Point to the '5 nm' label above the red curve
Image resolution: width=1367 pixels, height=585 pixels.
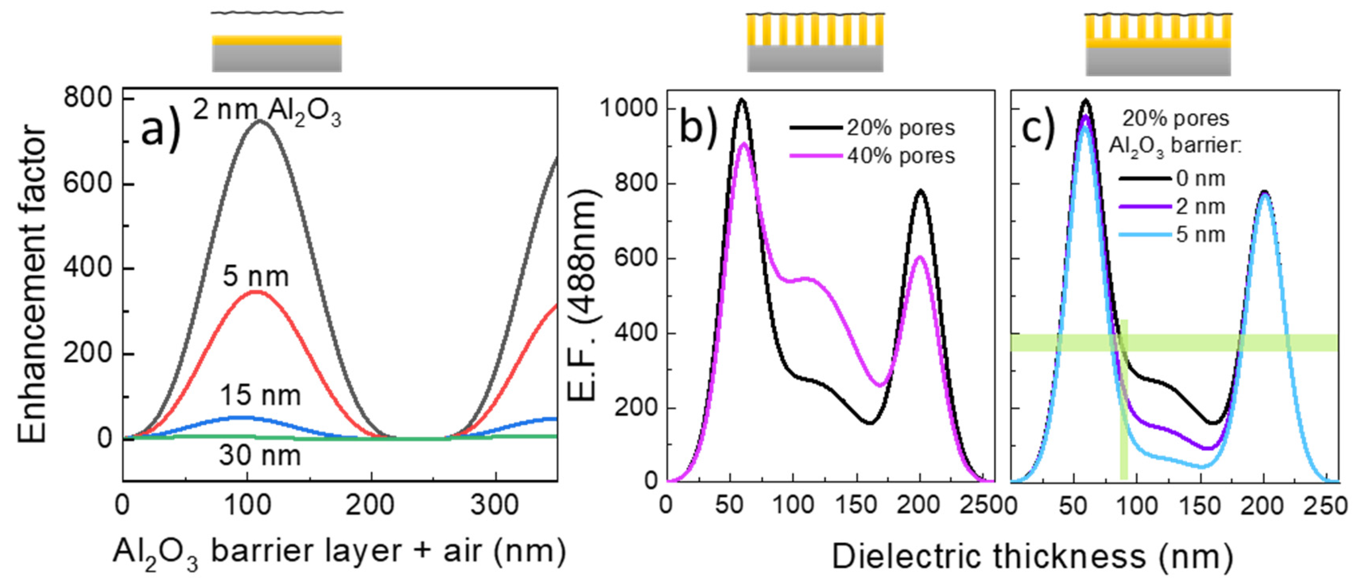point(255,277)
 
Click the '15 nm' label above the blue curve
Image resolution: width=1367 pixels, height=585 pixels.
point(260,396)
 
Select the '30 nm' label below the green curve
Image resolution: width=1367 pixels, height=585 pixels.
point(260,455)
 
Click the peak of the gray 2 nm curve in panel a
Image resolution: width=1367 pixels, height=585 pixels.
point(260,121)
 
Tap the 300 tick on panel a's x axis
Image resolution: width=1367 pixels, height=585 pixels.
point(494,505)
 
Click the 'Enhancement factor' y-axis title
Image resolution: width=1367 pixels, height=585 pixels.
point(32,284)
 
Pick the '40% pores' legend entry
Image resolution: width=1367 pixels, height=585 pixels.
point(901,156)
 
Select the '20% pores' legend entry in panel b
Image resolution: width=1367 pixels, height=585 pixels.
point(901,128)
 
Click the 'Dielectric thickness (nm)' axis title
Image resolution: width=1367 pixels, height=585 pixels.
point(1032,557)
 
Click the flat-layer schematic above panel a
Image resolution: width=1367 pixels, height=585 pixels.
point(277,53)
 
